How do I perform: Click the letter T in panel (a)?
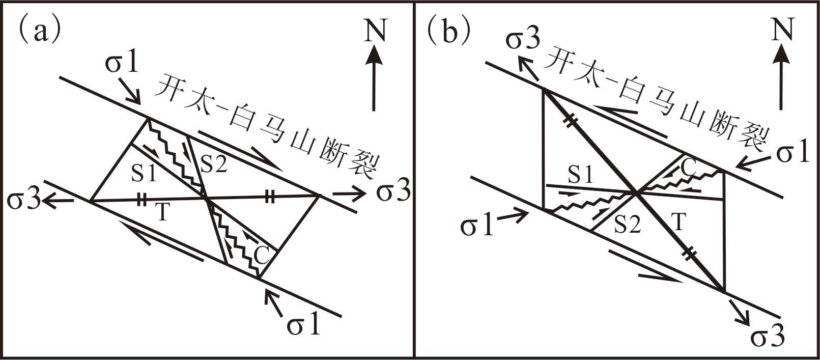[x=162, y=212]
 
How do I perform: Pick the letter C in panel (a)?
[x=262, y=255]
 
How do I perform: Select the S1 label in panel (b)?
[x=581, y=175]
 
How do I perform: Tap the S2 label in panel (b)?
[x=627, y=224]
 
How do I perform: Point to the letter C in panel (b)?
[x=689, y=169]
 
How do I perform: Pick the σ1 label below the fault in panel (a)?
[x=304, y=324]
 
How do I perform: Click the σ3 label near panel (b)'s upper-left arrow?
[x=522, y=40]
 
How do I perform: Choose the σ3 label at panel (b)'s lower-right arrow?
[x=768, y=337]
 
